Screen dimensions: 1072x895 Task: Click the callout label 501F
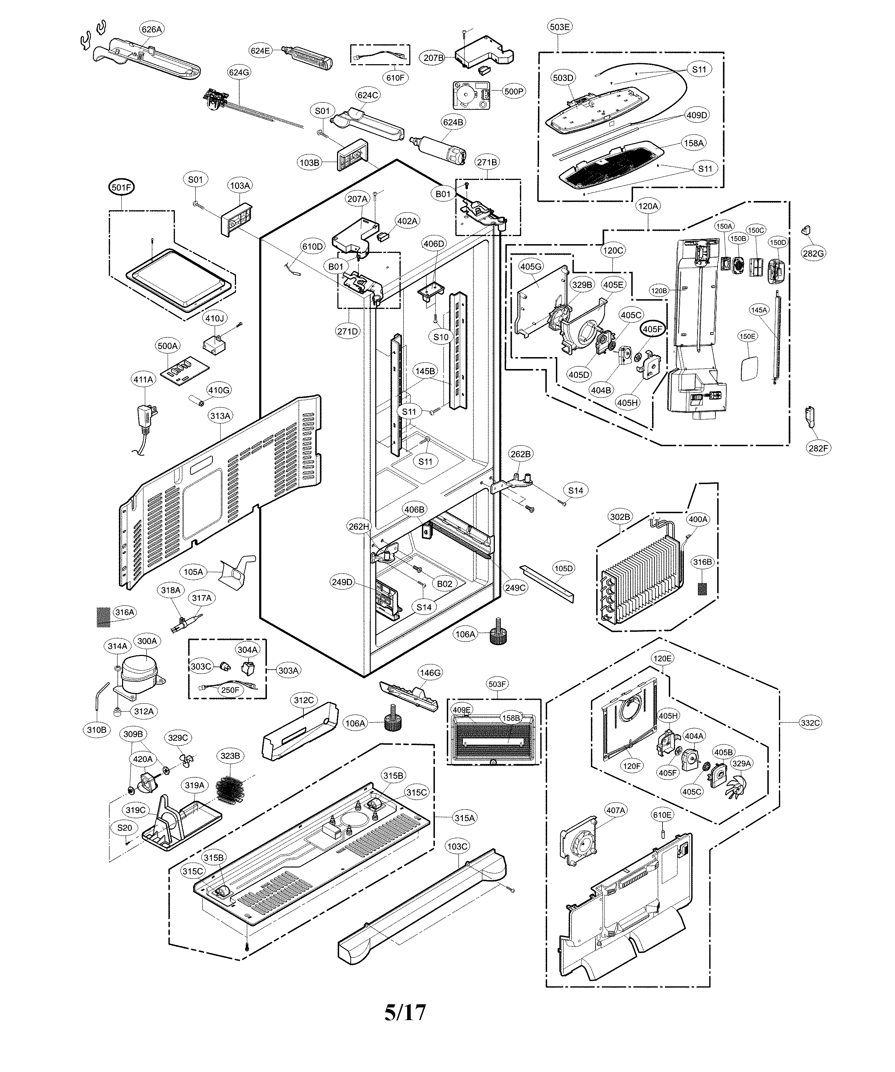[121, 187]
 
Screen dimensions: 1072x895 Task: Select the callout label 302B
[620, 517]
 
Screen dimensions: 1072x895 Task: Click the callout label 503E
[560, 27]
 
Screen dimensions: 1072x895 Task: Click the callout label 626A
[152, 29]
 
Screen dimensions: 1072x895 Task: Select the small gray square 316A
[103, 617]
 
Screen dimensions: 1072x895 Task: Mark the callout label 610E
[662, 815]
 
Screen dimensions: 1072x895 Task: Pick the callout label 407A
[615, 810]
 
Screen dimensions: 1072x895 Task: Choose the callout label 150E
[748, 336]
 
